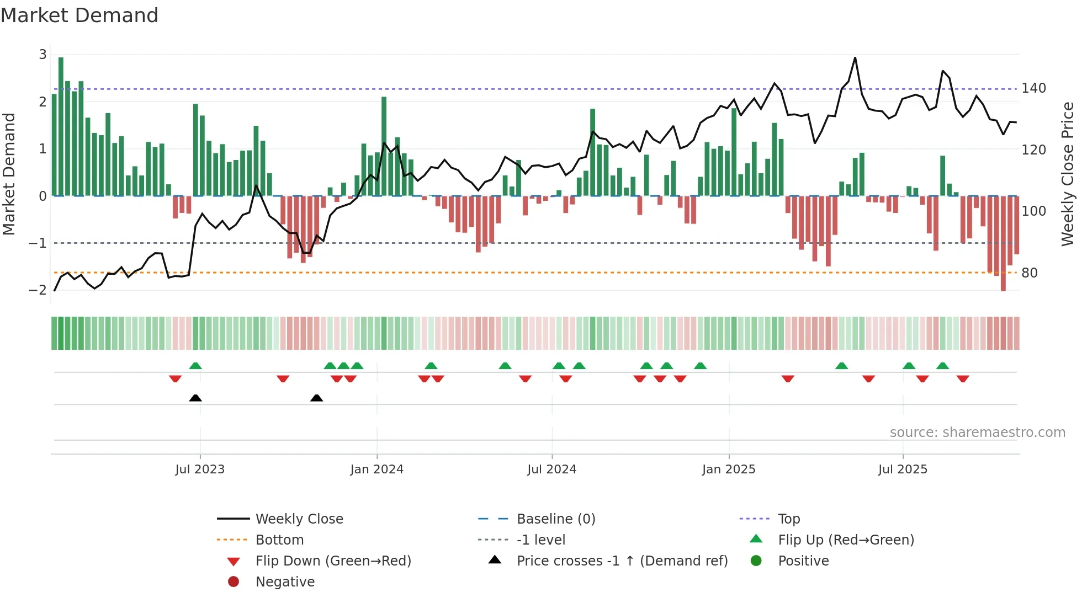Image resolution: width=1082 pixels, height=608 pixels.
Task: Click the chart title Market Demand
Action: coord(79,15)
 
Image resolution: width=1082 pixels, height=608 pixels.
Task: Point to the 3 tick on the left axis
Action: coord(43,55)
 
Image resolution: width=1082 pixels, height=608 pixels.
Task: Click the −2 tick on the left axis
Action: coord(38,290)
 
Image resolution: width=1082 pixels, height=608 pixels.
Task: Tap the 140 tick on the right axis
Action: coord(1033,88)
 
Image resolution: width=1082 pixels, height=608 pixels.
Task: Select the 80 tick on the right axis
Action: coord(1029,273)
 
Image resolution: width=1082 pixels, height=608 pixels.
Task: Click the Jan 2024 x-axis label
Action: coord(376,470)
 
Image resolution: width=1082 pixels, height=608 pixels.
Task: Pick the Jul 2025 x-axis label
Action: coord(903,470)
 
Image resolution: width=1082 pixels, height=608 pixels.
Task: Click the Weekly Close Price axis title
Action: coord(1068,174)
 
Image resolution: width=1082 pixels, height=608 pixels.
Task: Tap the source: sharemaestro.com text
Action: coord(977,433)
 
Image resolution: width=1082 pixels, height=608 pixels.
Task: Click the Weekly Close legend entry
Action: coord(299,519)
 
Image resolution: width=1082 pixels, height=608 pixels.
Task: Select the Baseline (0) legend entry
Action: coord(555,519)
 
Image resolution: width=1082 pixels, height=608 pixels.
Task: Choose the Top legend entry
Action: coord(788,519)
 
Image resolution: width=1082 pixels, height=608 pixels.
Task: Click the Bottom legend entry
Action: coord(279,540)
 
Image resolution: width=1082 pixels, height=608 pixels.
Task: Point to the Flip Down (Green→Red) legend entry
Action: coord(333,561)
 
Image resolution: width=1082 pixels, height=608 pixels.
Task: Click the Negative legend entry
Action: coord(285,582)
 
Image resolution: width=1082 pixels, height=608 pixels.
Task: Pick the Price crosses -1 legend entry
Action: coord(622,561)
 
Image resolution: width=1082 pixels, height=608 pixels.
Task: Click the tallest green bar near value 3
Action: coord(61,127)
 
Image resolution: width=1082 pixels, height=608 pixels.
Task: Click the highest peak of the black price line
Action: coord(855,58)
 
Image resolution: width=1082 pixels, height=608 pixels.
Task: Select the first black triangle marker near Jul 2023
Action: coord(195,398)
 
